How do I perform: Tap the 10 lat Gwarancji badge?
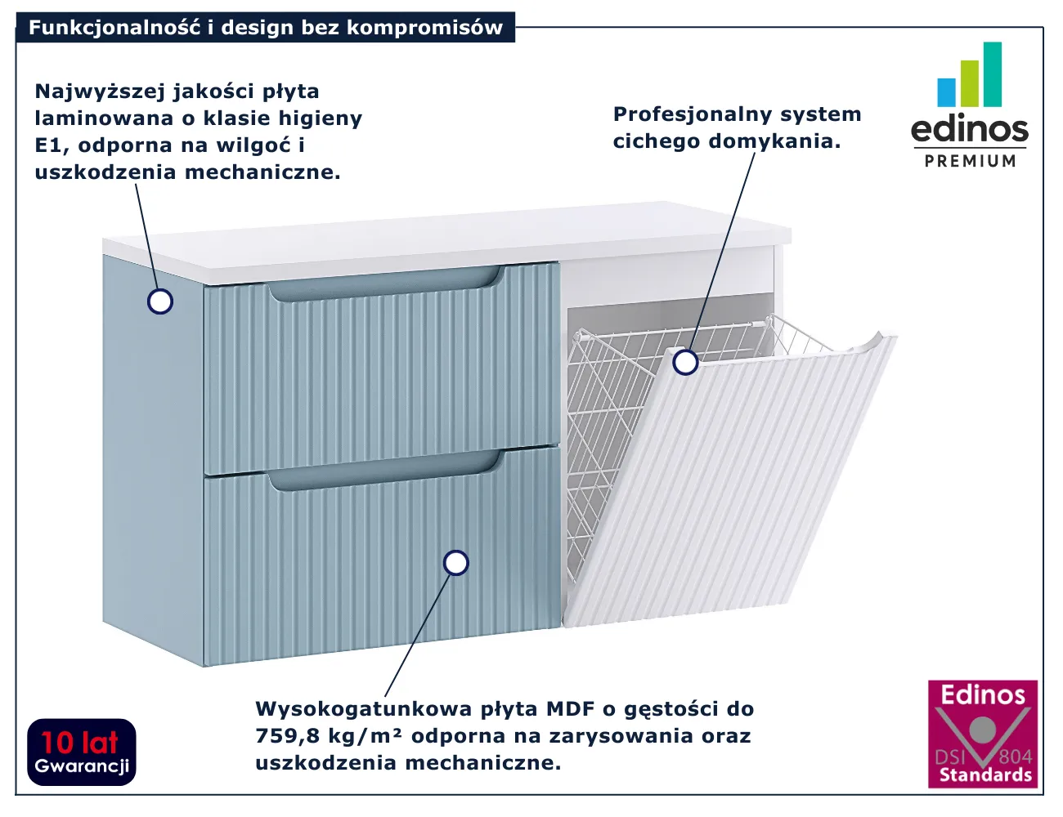coord(82,752)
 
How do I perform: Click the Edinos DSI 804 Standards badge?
coord(982,734)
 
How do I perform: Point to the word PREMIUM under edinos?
coord(970,161)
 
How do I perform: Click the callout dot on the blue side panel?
coord(160,301)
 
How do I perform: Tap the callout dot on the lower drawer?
coord(455,563)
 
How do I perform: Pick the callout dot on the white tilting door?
coord(685,361)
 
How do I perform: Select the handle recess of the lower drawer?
coord(384,474)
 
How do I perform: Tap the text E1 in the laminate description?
coord(48,145)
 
